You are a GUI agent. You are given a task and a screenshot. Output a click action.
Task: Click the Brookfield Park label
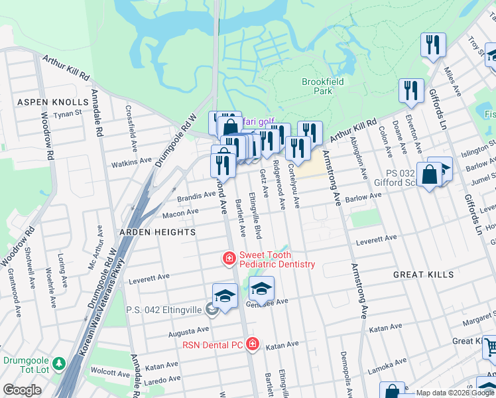pyautogui.click(x=316, y=86)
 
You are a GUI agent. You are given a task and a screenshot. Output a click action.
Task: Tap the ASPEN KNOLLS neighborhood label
pyautogui.click(x=52, y=102)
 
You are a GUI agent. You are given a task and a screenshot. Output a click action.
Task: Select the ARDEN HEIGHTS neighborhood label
pyautogui.click(x=157, y=232)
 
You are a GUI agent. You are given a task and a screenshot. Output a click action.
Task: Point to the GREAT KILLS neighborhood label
pyautogui.click(x=423, y=274)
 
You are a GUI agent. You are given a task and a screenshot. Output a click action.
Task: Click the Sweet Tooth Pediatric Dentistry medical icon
pyautogui.click(x=229, y=258)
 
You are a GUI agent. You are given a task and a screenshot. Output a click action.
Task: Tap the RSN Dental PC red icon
pyautogui.click(x=252, y=344)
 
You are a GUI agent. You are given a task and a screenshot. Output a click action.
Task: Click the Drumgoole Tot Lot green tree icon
pyautogui.click(x=59, y=364)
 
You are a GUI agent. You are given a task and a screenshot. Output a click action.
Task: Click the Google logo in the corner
pyautogui.click(x=22, y=390)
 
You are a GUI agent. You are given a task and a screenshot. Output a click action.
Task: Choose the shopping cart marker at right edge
pyautogui.click(x=489, y=347)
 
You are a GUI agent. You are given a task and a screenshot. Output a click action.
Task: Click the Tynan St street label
pyautogui.click(x=67, y=113)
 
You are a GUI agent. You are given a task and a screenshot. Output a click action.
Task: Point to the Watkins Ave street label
pyautogui.click(x=131, y=162)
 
